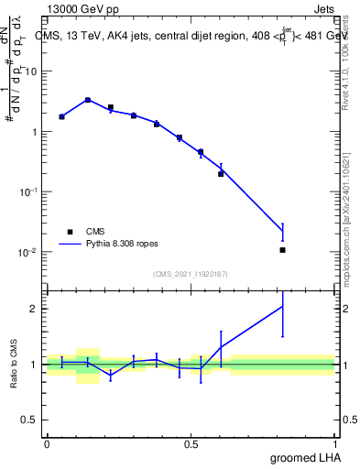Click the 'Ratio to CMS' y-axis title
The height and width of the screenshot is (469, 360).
click(16, 365)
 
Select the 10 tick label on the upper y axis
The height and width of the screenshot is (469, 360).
click(34, 71)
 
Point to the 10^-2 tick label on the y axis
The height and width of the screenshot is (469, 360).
click(29, 252)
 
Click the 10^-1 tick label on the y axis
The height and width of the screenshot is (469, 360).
click(29, 191)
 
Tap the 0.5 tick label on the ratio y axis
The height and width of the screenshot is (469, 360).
click(33, 420)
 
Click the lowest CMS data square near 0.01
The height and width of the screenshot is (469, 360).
click(282, 250)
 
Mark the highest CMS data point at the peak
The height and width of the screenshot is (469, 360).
click(88, 100)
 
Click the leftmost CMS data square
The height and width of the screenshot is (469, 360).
click(61, 116)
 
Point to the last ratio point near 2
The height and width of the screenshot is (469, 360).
click(282, 307)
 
